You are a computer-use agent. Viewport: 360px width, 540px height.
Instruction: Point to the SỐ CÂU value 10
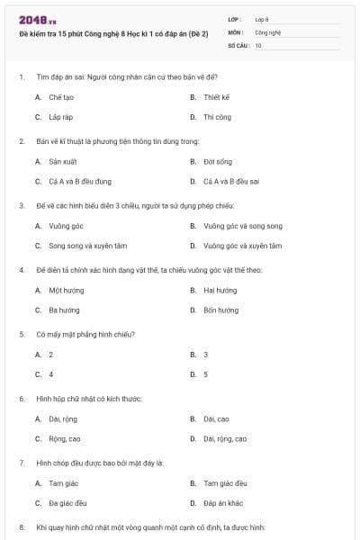pyautogui.click(x=258, y=44)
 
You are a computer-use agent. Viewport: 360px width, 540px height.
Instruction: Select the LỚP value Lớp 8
pyautogui.click(x=262, y=18)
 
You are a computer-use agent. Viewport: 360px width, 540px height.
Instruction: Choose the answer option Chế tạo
pyautogui.click(x=61, y=96)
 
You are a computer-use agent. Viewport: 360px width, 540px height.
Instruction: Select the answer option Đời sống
pyautogui.click(x=218, y=162)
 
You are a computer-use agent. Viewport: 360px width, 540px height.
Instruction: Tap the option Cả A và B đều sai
pyautogui.click(x=231, y=182)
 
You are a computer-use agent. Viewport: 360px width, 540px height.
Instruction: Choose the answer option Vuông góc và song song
pyautogui.click(x=242, y=226)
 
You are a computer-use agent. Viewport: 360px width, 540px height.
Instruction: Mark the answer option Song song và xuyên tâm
pyautogui.click(x=84, y=246)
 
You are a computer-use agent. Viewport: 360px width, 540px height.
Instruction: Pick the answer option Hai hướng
pyautogui.click(x=220, y=291)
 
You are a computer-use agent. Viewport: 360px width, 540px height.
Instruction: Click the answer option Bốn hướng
pyautogui.click(x=221, y=310)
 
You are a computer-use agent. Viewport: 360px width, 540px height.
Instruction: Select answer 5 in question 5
pyautogui.click(x=206, y=374)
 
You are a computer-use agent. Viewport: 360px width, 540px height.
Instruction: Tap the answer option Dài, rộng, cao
pyautogui.click(x=225, y=439)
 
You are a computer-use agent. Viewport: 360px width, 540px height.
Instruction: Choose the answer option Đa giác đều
pyautogui.click(x=67, y=503)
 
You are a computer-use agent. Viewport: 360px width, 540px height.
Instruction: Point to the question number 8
pyautogui.click(x=22, y=526)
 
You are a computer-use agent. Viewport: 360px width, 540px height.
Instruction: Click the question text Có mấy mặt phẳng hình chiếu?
pyautogui.click(x=86, y=334)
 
